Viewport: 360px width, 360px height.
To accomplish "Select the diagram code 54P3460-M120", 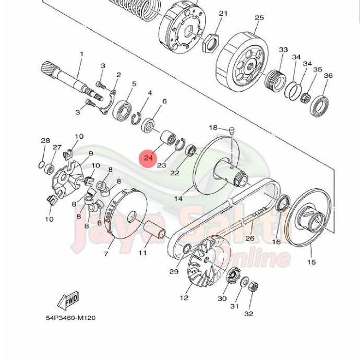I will [x=69, y=318].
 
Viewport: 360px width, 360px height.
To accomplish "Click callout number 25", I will [x=259, y=18].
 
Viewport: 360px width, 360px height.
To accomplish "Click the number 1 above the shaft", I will [x=81, y=54].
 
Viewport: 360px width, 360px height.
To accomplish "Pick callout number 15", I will [x=311, y=262].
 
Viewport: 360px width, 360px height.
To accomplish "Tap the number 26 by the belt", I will [x=249, y=238].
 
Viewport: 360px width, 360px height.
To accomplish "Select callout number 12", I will [x=184, y=298].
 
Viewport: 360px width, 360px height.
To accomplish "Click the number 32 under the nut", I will [x=249, y=314].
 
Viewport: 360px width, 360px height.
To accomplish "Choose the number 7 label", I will [x=106, y=254].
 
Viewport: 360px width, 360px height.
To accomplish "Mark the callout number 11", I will [x=142, y=253].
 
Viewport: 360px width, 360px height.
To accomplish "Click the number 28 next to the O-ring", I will [x=45, y=141].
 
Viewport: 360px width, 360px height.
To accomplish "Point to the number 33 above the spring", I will [x=283, y=50].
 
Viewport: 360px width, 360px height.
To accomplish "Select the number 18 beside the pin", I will [x=213, y=128].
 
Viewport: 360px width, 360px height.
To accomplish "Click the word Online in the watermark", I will [x=255, y=258].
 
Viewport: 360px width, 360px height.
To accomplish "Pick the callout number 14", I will [x=178, y=199].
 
